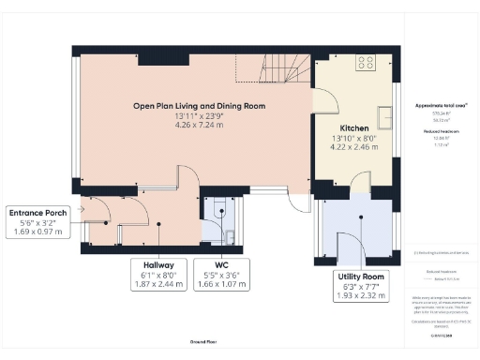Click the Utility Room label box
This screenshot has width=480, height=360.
click(x=361, y=286)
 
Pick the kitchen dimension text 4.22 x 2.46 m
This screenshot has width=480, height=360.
click(x=353, y=147)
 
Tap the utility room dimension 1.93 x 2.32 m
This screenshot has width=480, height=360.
click(x=361, y=295)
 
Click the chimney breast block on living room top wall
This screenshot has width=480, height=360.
click(x=148, y=59)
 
